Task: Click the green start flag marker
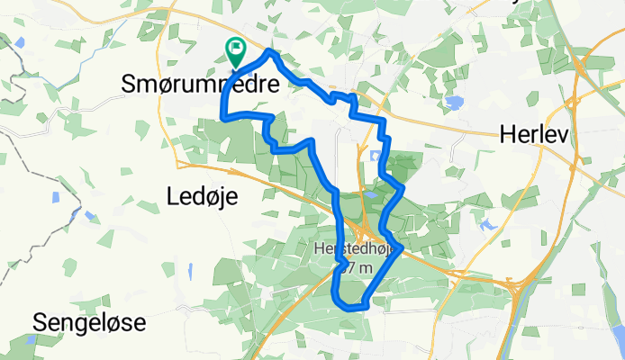(x=237, y=51)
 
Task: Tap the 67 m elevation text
(x=357, y=267)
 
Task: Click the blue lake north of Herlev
(x=453, y=102)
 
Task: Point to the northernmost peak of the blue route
(x=269, y=53)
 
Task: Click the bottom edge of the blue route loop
(x=354, y=307)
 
